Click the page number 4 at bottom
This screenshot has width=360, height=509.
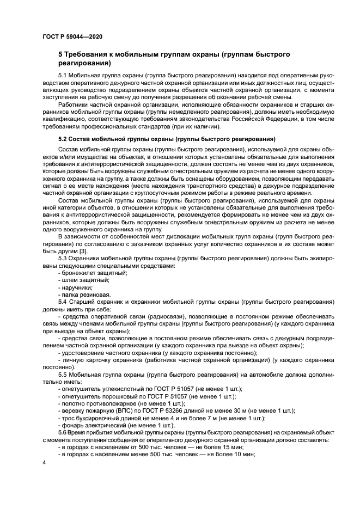(44, 462)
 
